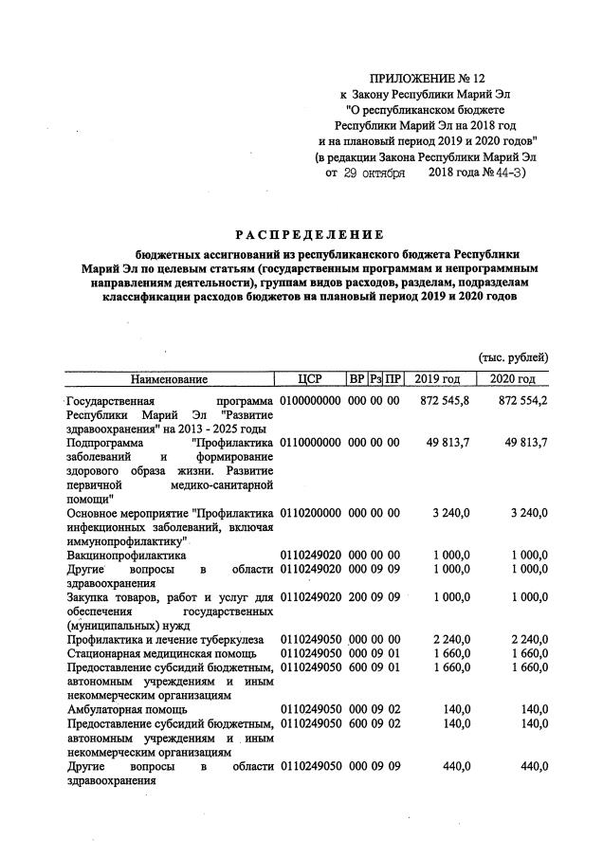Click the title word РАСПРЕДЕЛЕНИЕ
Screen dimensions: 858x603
coord(309,234)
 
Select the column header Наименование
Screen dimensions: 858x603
coord(169,379)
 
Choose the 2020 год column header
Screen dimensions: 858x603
coord(513,379)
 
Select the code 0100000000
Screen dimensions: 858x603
coord(310,402)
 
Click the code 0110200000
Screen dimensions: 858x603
coord(310,513)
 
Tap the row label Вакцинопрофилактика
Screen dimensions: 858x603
coord(126,554)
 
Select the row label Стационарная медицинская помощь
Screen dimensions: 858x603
coord(163,653)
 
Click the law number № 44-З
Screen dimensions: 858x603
coord(505,173)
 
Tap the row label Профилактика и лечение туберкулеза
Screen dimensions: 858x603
coord(166,639)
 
